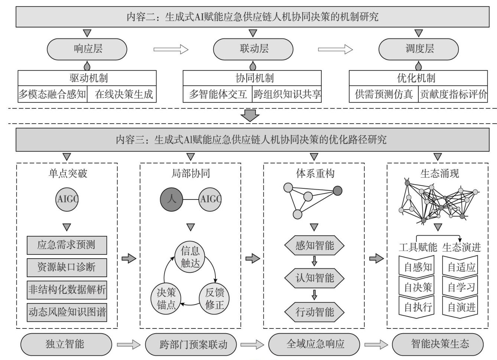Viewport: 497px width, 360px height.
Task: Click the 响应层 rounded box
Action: coord(87,49)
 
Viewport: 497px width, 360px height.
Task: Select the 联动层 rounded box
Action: coord(253,49)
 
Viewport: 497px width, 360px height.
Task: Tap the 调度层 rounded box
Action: coord(419,49)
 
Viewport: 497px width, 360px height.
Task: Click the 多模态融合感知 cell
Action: coord(52,94)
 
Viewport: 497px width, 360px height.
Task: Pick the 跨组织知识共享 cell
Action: coord(287,94)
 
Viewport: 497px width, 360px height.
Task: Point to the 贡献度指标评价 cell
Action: coord(453,94)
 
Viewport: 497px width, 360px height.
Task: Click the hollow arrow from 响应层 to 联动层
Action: coord(171,49)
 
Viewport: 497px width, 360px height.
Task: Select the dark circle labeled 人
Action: coord(171,199)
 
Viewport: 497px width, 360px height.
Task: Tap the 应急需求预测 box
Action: coord(67,245)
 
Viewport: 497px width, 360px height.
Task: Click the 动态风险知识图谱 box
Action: coord(67,312)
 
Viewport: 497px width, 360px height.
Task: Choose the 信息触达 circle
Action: coord(190,257)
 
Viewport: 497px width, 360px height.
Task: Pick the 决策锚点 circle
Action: coord(166,299)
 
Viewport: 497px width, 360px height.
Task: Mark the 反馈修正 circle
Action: coord(214,299)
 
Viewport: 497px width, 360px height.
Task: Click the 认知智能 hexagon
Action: coord(314,278)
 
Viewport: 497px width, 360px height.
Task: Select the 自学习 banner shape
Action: coord(460,287)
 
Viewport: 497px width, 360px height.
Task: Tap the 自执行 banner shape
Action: coord(416,307)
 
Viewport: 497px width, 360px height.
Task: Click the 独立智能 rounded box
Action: coord(66,344)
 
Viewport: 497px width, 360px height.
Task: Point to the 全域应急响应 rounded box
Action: coord(314,344)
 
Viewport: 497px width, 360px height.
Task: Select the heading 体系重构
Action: coord(315,173)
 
